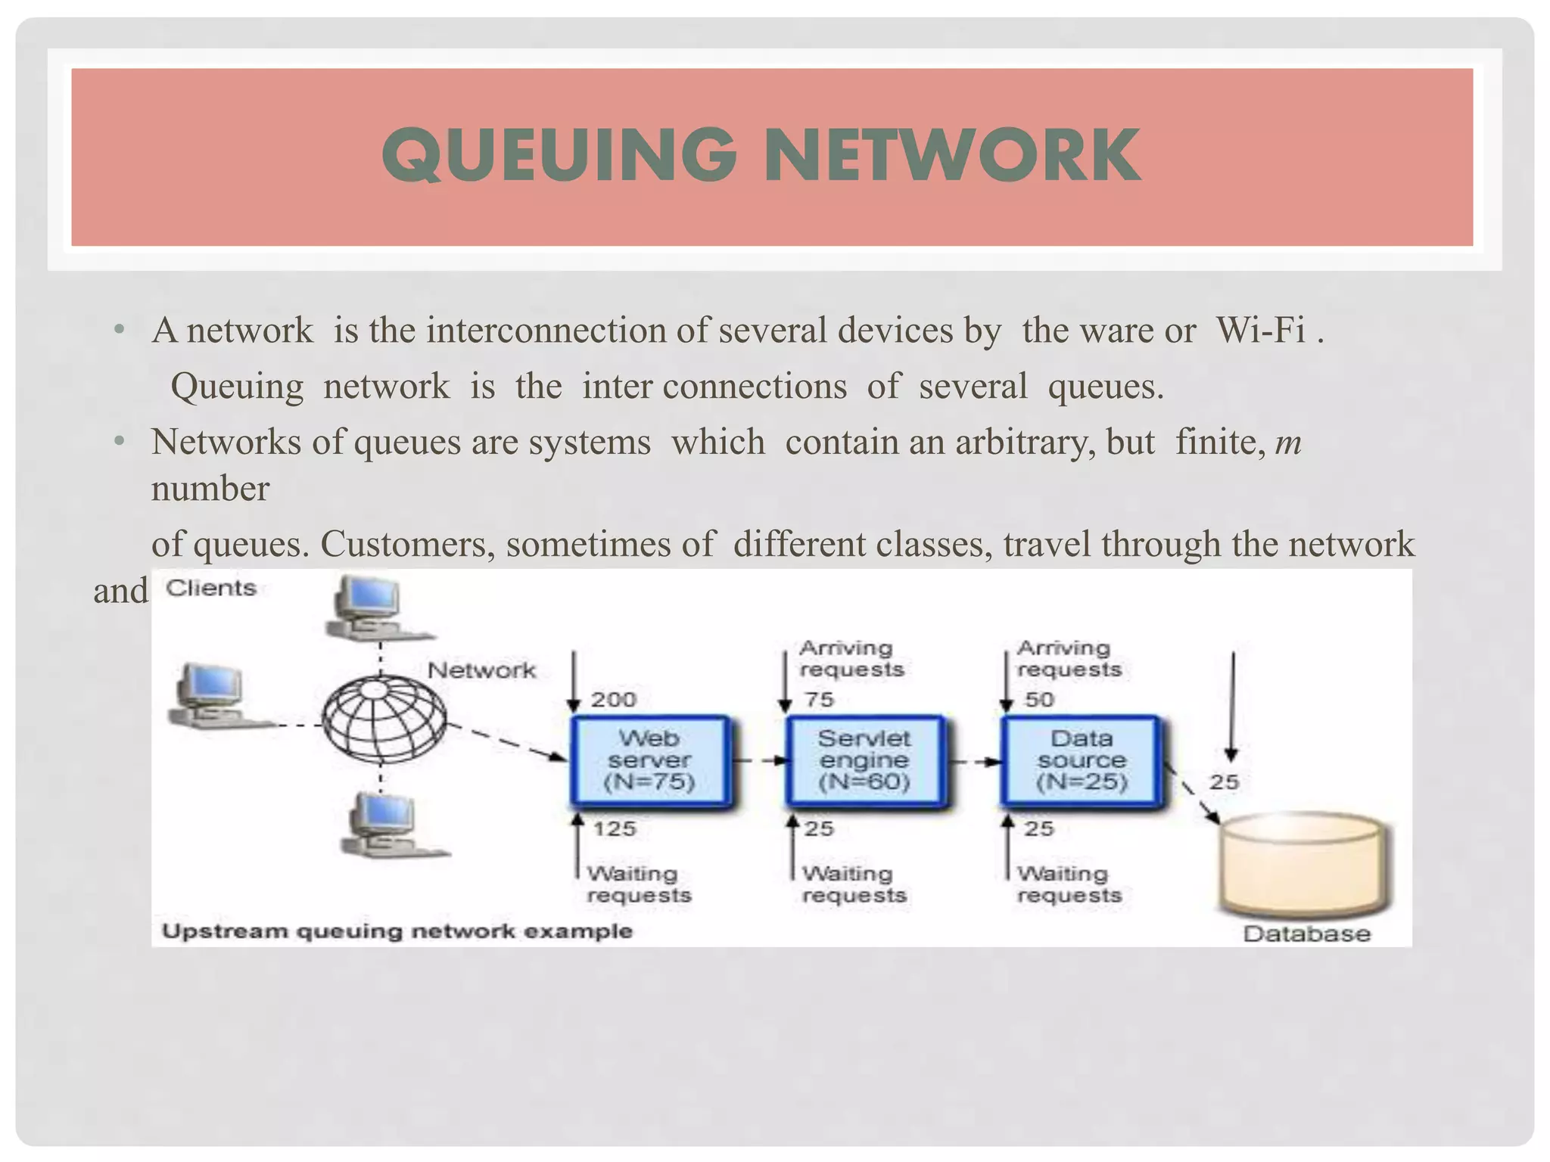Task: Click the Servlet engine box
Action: (x=864, y=760)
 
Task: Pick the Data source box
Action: (x=1081, y=760)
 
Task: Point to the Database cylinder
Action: (x=1306, y=862)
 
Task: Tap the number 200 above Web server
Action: (x=614, y=699)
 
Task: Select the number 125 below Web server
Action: (x=615, y=829)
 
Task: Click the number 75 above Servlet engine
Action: (x=819, y=699)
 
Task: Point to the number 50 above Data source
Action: (x=1038, y=699)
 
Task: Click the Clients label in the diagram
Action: (x=211, y=588)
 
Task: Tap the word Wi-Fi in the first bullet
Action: (x=1260, y=331)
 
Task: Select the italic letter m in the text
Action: (x=1288, y=443)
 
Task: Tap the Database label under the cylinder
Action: (x=1306, y=934)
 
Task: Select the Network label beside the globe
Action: (x=481, y=670)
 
